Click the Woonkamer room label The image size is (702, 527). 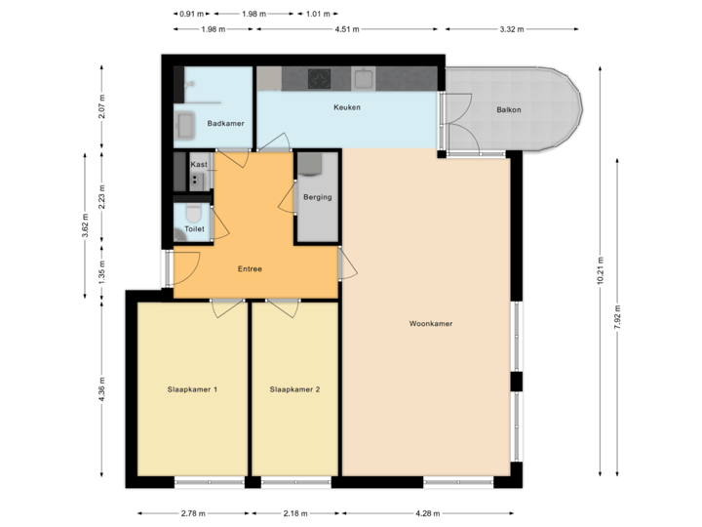[x=431, y=323]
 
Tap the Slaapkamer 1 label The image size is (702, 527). [x=192, y=389]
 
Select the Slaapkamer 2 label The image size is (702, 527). [x=294, y=389]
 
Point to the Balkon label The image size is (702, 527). [x=508, y=109]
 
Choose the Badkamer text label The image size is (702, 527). [x=225, y=123]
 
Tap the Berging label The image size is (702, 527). [x=317, y=197]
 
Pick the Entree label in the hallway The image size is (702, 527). [x=250, y=269]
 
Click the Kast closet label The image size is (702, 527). [x=199, y=165]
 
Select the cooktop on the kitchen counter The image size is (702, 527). [x=319, y=77]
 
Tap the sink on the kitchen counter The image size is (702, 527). [x=365, y=77]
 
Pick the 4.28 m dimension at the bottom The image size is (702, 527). [x=427, y=513]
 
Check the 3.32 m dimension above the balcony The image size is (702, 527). [x=513, y=29]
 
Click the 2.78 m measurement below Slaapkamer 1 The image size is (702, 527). [x=193, y=513]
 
